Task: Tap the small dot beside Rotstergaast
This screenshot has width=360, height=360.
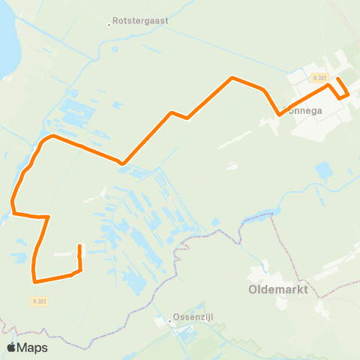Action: tap(109, 25)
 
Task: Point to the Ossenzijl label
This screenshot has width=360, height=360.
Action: tap(194, 317)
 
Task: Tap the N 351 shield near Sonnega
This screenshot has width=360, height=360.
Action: tap(319, 77)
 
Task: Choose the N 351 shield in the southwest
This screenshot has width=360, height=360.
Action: tap(40, 301)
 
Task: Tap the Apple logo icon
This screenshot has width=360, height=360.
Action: tap(12, 347)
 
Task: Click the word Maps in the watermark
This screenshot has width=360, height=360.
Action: tap(33, 347)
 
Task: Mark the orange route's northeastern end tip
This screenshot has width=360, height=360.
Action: tap(337, 79)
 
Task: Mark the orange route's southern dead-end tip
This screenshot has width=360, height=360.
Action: tap(79, 245)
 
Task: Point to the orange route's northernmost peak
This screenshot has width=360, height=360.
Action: tap(233, 77)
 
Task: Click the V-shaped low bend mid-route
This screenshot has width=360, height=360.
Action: tap(121, 162)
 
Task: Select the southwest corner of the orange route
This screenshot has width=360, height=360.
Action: tap(34, 282)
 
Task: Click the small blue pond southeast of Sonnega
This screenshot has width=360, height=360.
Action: tap(324, 171)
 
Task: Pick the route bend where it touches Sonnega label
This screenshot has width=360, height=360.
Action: tap(280, 115)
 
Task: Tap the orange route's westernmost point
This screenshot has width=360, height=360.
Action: tap(12, 201)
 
